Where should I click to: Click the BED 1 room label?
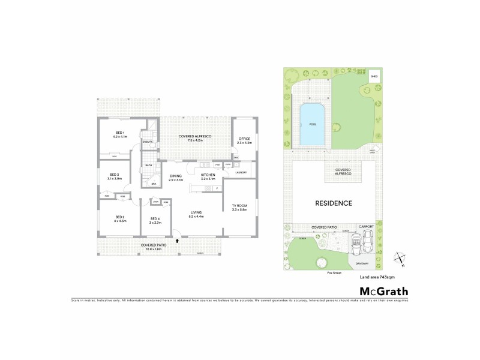(x=120, y=132)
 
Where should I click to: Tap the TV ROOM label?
(x=239, y=205)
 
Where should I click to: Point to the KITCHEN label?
(x=208, y=175)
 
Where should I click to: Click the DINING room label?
(x=175, y=175)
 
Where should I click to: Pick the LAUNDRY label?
(x=242, y=172)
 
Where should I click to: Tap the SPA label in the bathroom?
(x=153, y=184)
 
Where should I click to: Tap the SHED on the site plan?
(x=374, y=77)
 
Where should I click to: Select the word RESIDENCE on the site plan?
(x=333, y=203)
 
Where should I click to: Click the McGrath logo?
(x=379, y=291)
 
